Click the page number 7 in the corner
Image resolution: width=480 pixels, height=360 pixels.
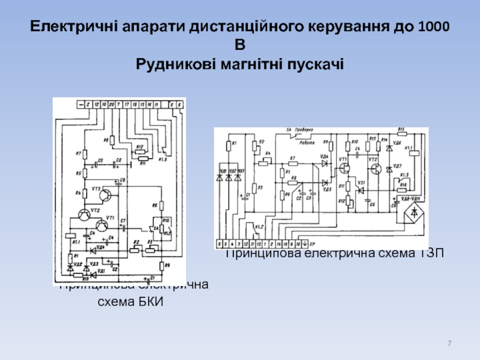click(449, 343)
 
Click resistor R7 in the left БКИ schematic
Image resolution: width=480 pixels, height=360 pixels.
click(85, 154)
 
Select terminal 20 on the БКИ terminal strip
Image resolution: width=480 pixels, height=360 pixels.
click(111, 105)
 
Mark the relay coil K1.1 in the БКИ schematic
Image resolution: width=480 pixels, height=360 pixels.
click(71, 235)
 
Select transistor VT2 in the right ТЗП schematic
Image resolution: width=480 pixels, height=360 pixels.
click(374, 167)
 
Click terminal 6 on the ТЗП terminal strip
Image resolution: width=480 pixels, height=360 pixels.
click(220, 245)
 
